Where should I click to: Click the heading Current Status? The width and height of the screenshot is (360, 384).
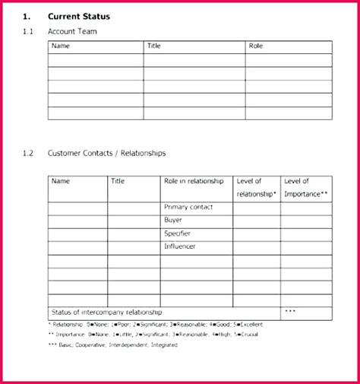[78, 15]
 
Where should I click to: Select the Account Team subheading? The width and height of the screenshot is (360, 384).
[72, 31]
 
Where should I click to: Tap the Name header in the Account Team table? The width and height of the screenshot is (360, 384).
[61, 46]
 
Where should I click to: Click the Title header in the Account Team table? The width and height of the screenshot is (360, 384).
[154, 46]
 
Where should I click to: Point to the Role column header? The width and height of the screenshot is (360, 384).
[256, 46]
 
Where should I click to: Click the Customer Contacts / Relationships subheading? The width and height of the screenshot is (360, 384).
[106, 153]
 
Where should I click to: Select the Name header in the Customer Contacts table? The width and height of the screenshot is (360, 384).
[61, 181]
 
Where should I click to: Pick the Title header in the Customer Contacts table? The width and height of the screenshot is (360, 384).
[118, 181]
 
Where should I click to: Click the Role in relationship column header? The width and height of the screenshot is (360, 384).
[194, 181]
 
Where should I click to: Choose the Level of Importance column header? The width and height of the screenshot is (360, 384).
[305, 187]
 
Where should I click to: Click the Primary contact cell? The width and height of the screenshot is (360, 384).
[188, 207]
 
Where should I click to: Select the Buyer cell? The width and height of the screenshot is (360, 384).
[172, 220]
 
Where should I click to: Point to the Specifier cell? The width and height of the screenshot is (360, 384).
[177, 233]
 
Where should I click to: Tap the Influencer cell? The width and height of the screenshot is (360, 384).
[179, 246]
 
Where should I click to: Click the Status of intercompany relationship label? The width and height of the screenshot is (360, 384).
[106, 312]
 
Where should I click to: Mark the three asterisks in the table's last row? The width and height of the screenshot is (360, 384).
[289, 312]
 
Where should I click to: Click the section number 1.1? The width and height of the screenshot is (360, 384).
[28, 31]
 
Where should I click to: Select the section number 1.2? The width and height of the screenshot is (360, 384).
[28, 153]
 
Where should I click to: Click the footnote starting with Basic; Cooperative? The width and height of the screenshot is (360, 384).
[112, 344]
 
